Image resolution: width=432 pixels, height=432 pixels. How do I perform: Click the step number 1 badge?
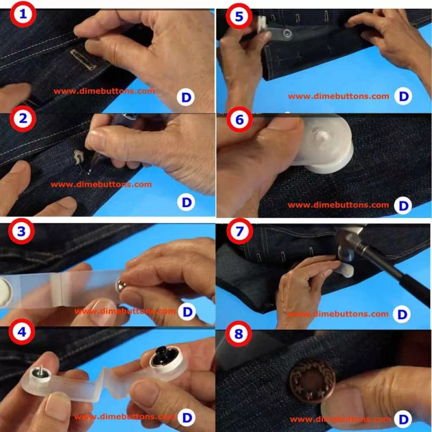tap(23, 15)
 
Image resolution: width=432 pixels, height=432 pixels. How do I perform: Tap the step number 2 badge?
tap(23, 118)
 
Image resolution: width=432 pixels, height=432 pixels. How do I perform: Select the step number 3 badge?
tap(21, 231)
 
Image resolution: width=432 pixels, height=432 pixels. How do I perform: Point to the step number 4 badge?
tap(22, 332)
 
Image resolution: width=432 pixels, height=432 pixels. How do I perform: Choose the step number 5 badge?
tap(239, 16)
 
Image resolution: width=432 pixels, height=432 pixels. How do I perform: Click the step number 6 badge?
tap(239, 119)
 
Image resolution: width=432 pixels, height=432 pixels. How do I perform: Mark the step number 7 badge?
tap(239, 231)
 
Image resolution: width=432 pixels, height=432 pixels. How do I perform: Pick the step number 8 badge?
tap(239, 334)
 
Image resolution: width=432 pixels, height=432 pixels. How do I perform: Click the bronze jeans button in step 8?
tap(313, 381)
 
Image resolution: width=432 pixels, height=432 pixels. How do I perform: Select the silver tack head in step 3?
tap(121, 287)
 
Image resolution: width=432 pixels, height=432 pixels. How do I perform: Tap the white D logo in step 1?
tap(186, 97)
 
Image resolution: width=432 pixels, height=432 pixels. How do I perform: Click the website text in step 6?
tap(339, 205)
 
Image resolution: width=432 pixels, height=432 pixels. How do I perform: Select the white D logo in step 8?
tap(403, 420)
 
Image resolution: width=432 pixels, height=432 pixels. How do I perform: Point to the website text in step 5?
tap(339, 96)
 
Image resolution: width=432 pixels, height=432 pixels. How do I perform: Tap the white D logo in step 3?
tap(187, 312)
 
